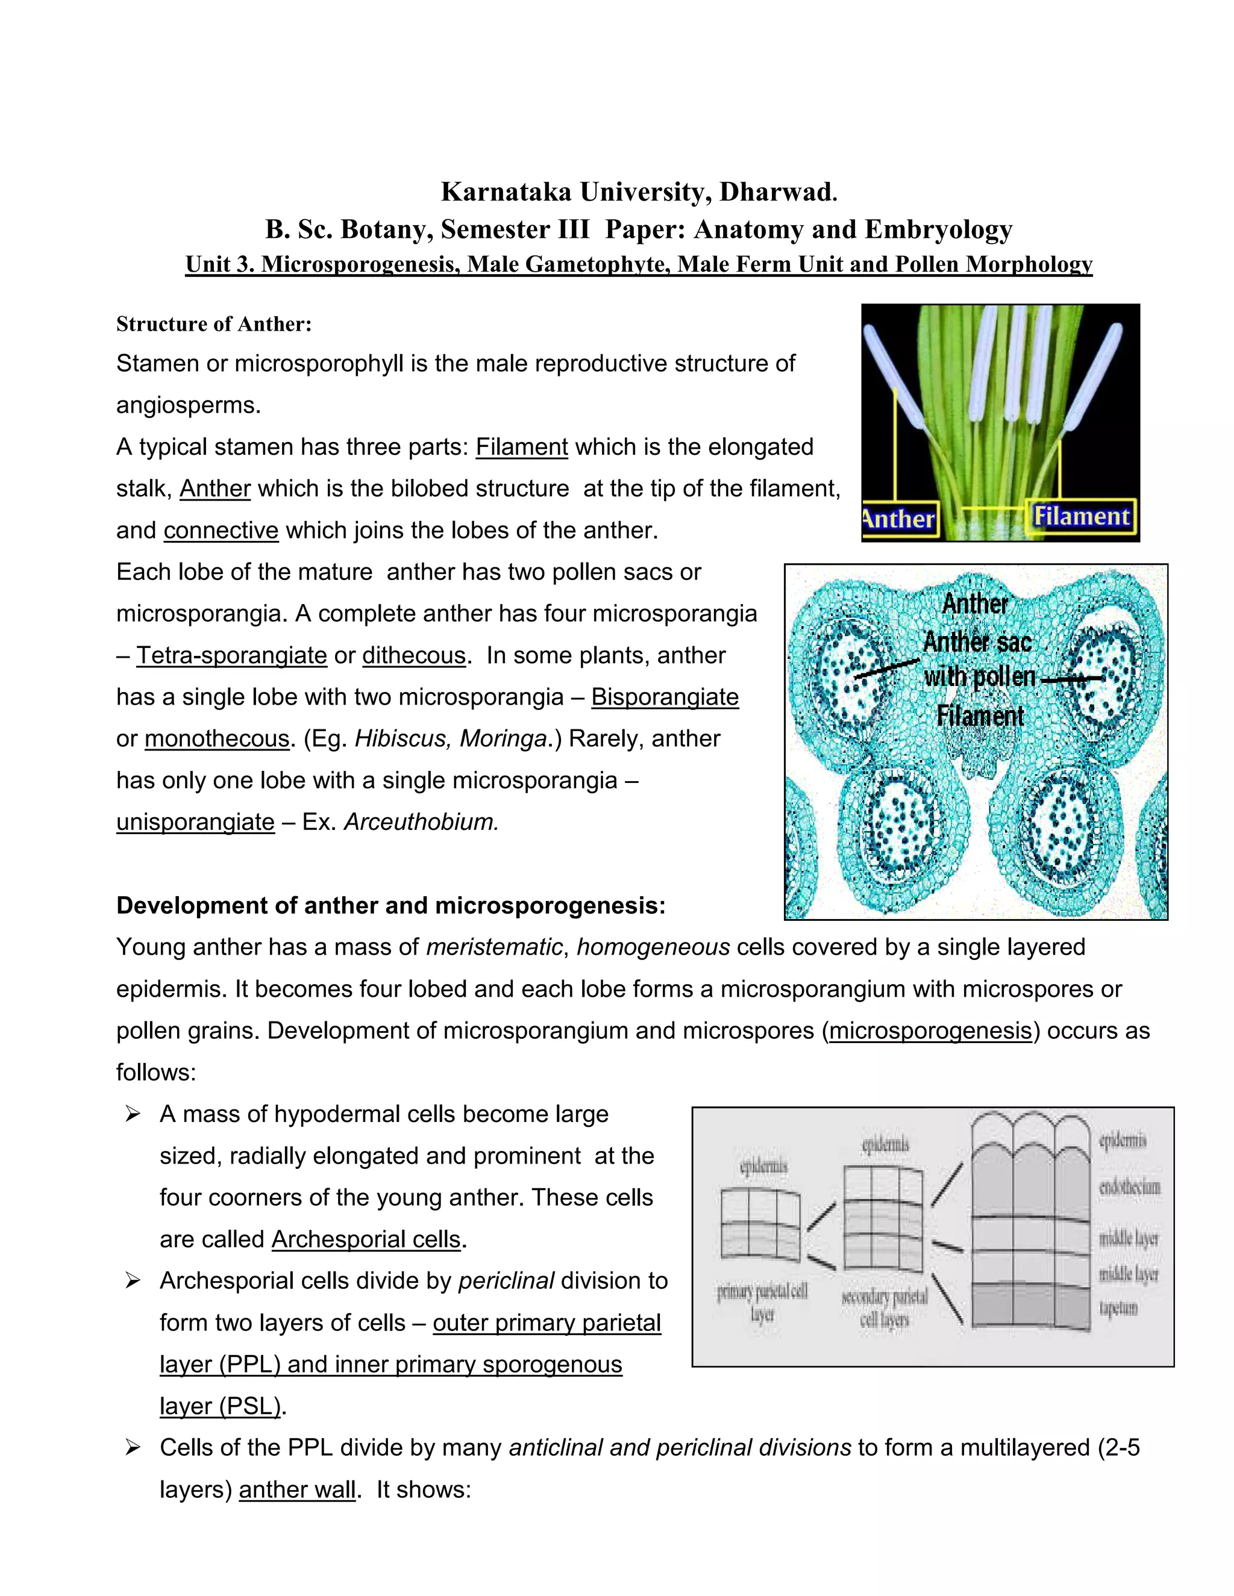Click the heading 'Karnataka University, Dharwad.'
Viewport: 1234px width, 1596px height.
[x=638, y=192]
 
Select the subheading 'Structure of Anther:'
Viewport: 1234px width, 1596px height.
[x=213, y=324]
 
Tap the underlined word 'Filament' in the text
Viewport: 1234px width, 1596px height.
[x=521, y=446]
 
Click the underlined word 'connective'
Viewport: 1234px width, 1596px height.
[x=221, y=530]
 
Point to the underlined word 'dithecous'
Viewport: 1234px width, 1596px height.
[x=414, y=655]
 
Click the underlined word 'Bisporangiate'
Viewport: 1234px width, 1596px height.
[x=665, y=696]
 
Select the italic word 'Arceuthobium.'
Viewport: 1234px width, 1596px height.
[x=421, y=821]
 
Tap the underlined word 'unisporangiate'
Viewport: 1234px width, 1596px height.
[x=195, y=821]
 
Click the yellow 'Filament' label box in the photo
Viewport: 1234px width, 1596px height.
[x=1081, y=517]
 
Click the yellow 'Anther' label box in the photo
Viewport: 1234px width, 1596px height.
[x=900, y=519]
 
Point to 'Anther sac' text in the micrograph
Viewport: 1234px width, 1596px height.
[x=977, y=641]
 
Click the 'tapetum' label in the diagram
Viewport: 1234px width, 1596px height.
[x=1118, y=1308]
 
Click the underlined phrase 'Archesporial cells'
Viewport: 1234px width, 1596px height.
[x=366, y=1239]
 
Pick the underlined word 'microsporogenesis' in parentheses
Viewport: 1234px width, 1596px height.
[x=930, y=1030]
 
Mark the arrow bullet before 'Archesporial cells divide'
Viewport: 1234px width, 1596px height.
[x=133, y=1281]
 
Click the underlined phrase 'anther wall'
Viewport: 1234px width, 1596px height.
[x=297, y=1489]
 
